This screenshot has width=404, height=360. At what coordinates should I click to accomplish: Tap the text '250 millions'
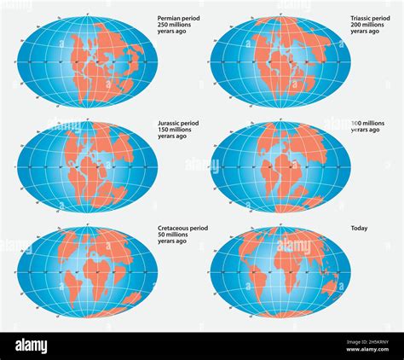point(176,25)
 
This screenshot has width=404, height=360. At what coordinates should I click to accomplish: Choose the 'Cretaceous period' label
point(184,229)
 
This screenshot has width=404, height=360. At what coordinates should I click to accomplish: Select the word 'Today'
point(360,229)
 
